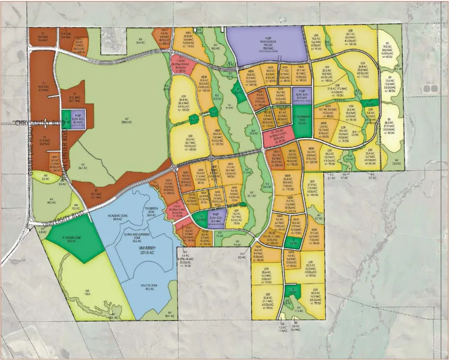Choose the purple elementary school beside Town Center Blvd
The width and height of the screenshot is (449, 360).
77,117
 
